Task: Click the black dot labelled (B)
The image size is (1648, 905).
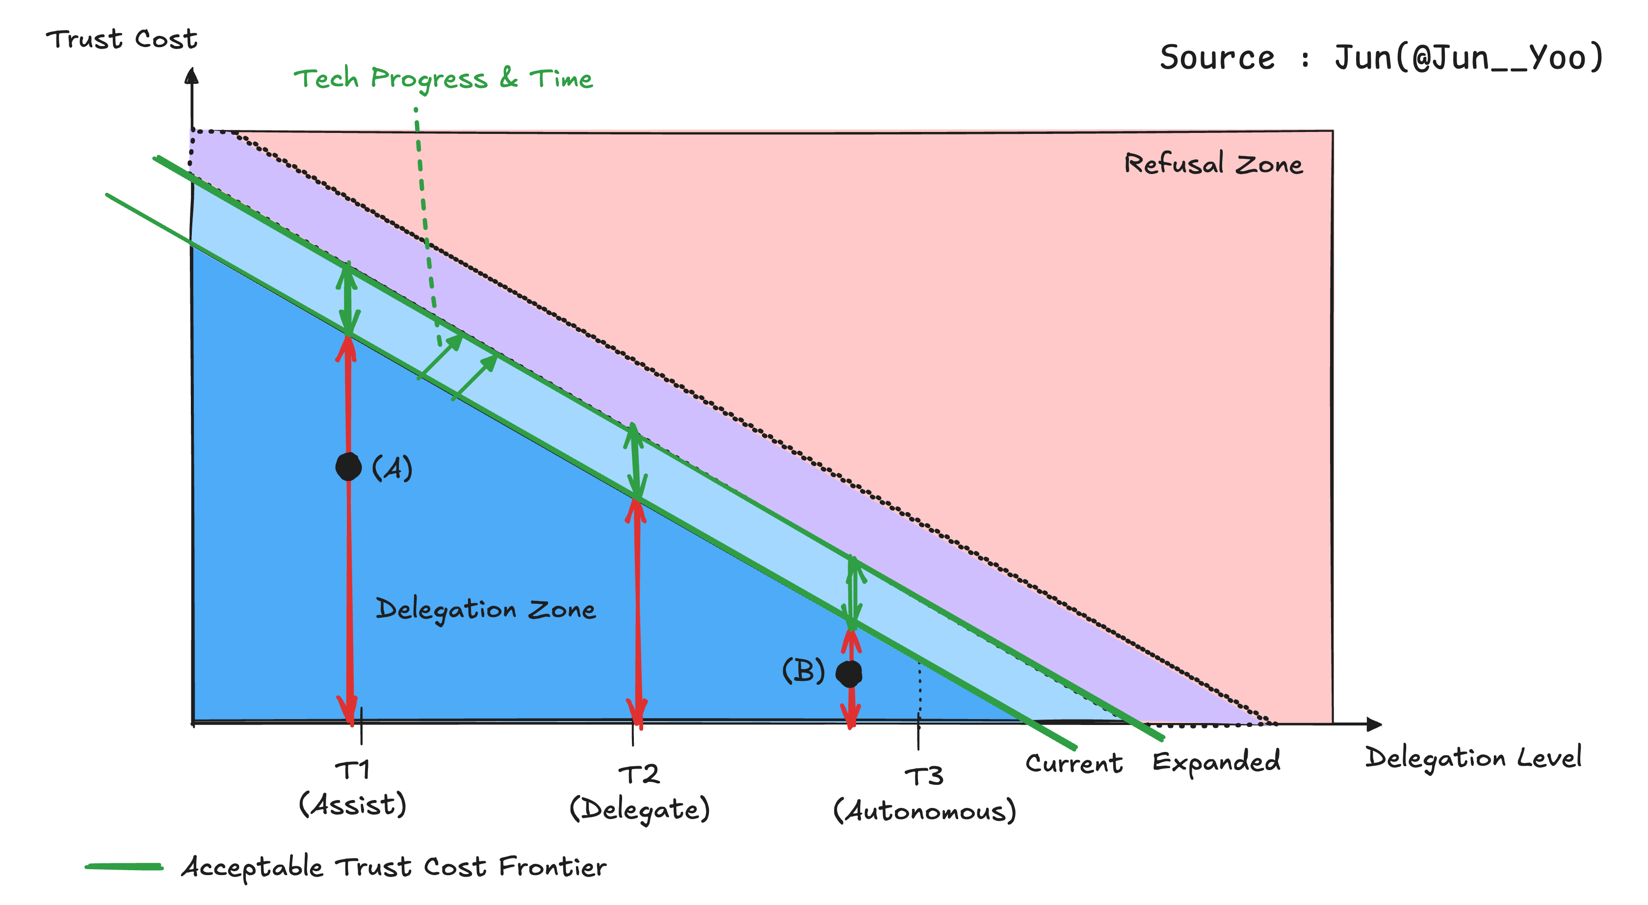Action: [x=849, y=673]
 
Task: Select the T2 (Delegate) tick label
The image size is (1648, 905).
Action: [x=640, y=793]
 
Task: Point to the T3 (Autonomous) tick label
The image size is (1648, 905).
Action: [x=924, y=795]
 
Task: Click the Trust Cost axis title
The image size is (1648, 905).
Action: [x=122, y=39]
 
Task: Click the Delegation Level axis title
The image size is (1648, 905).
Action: [x=1473, y=758]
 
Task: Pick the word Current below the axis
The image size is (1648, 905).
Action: [x=1074, y=763]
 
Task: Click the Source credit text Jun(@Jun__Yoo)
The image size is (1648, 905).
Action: [x=1469, y=57]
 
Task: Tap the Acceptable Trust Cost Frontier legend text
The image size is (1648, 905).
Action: [x=394, y=867]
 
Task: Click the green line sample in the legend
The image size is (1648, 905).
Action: [x=124, y=867]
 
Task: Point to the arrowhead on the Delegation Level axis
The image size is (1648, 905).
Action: [x=1374, y=724]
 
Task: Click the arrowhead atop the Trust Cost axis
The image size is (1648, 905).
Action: [x=191, y=76]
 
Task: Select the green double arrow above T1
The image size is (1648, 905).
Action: [x=347, y=298]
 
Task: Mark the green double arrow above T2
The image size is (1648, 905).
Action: [x=635, y=461]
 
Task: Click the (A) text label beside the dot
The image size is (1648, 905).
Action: [x=392, y=468]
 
